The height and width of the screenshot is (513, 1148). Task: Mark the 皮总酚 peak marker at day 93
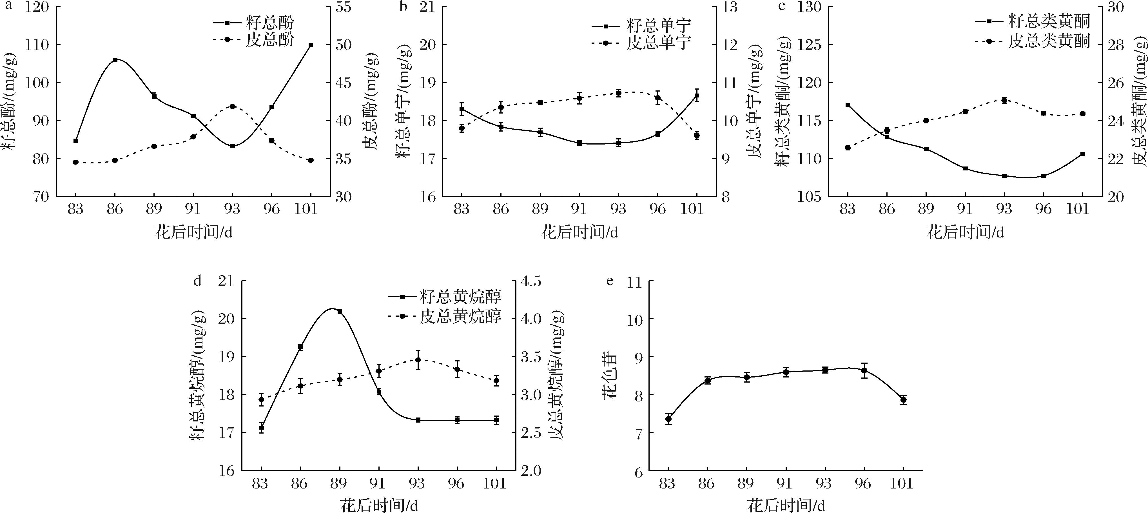click(x=232, y=106)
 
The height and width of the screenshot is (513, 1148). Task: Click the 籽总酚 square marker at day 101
click(x=311, y=45)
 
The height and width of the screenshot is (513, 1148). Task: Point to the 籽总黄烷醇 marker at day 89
click(x=340, y=312)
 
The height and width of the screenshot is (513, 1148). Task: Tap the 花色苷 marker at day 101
click(x=903, y=400)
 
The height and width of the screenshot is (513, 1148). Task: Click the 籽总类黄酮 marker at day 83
click(x=848, y=105)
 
